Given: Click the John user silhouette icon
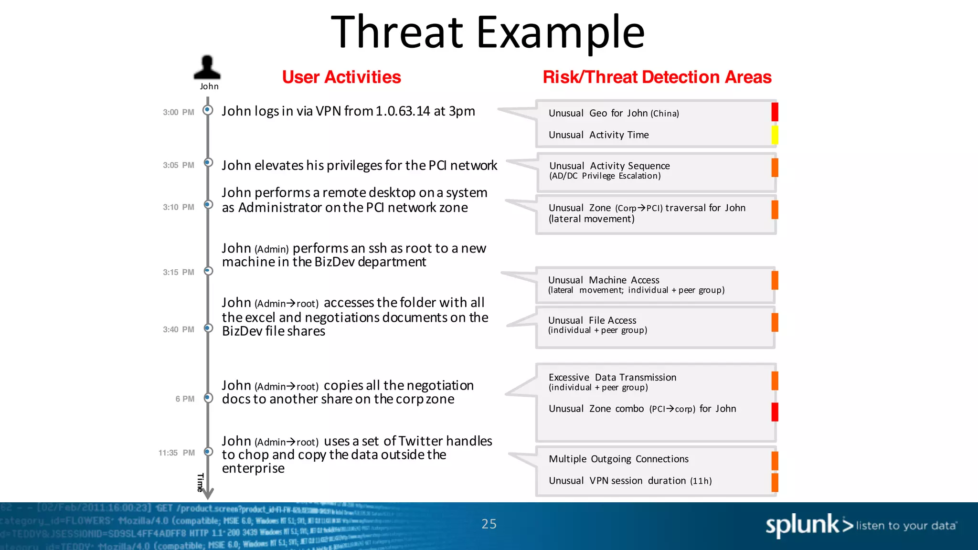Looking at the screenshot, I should click(x=207, y=68).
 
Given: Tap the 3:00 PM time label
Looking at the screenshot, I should click(x=178, y=112).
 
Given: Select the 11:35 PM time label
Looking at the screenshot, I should click(x=176, y=453).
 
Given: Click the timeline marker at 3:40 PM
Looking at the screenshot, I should click(x=208, y=328).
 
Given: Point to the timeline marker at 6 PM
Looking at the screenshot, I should click(x=208, y=397).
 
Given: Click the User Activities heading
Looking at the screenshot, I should click(x=341, y=77).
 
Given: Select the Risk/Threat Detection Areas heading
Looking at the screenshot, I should click(x=657, y=77).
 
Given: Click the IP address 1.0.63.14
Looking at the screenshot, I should click(x=403, y=111).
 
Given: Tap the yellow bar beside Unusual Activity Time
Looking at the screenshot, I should click(x=775, y=135).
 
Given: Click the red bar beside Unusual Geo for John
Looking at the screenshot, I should click(x=775, y=112).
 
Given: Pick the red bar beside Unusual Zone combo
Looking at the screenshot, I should click(x=775, y=412).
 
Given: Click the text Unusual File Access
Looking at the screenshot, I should click(x=592, y=320).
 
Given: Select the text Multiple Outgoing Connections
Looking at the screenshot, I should click(x=618, y=459).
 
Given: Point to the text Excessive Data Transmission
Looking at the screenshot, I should click(x=612, y=377).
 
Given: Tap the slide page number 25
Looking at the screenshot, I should click(x=489, y=524).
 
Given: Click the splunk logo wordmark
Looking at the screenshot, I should click(x=802, y=525).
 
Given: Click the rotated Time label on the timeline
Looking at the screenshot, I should click(x=201, y=482).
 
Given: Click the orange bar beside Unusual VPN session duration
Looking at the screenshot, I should click(x=775, y=482).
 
